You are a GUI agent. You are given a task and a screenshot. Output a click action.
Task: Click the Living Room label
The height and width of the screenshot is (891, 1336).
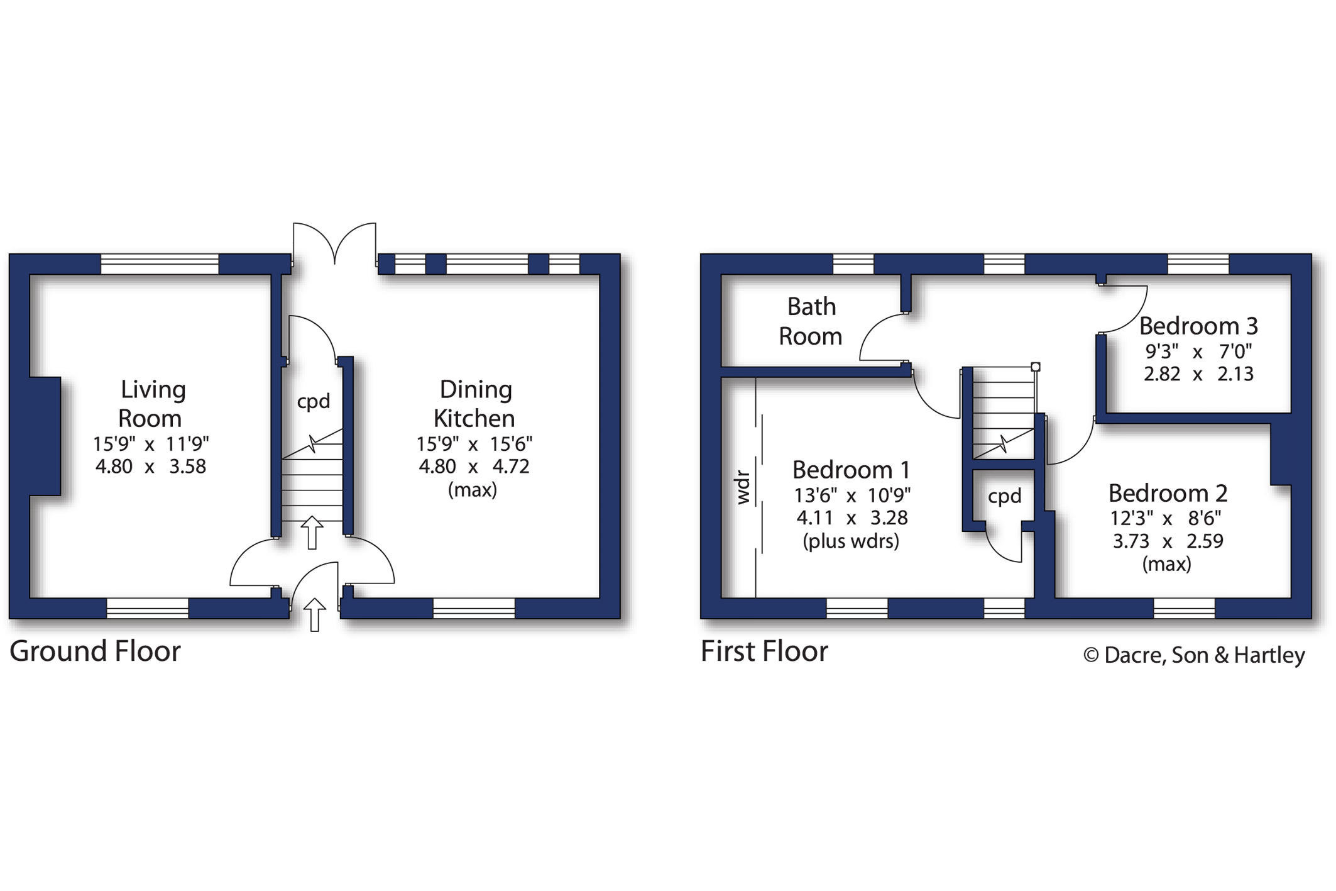pyautogui.click(x=151, y=404)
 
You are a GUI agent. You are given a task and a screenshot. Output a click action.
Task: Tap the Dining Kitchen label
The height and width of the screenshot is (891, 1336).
pyautogui.click(x=475, y=404)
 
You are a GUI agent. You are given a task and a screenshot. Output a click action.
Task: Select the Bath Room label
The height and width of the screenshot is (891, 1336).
pyautogui.click(x=811, y=321)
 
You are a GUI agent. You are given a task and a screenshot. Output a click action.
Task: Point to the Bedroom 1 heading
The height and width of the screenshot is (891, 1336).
pyautogui.click(x=851, y=470)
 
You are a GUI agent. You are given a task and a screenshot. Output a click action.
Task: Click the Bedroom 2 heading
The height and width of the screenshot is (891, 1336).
pyautogui.click(x=1168, y=493)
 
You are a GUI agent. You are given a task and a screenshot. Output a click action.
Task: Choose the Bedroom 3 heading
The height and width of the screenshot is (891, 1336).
pyautogui.click(x=1198, y=326)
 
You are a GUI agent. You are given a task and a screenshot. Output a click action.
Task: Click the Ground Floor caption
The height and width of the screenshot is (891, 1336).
pyautogui.click(x=95, y=651)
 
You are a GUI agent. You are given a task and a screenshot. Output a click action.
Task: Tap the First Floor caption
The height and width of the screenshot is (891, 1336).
pyautogui.click(x=764, y=651)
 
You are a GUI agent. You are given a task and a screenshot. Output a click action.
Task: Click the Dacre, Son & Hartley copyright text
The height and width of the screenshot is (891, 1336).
pyautogui.click(x=1194, y=655)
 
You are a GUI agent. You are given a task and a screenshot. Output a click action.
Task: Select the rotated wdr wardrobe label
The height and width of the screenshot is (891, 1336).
pyautogui.click(x=743, y=487)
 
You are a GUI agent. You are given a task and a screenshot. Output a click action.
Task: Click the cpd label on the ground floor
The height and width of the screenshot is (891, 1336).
pyautogui.click(x=313, y=402)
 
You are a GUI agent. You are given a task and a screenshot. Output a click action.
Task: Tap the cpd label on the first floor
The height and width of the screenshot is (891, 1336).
pyautogui.click(x=1004, y=497)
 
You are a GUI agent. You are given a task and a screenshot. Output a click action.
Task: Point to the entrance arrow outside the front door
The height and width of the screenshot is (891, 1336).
pyautogui.click(x=315, y=614)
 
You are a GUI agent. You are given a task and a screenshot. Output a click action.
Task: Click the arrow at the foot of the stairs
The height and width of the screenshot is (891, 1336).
pyautogui.click(x=312, y=533)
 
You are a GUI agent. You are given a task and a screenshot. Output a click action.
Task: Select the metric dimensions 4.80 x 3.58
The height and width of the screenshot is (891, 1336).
pyautogui.click(x=151, y=467)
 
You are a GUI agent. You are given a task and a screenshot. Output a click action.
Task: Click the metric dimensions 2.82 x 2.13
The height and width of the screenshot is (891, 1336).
pyautogui.click(x=1198, y=374)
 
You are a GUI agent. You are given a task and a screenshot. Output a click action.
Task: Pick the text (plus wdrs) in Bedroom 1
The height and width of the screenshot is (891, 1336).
pyautogui.click(x=851, y=541)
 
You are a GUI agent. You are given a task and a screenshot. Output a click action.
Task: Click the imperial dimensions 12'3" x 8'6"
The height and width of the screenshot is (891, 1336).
pyautogui.click(x=1166, y=518)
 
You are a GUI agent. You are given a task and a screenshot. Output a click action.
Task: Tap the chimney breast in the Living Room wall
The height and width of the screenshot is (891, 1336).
pyautogui.click(x=45, y=436)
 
